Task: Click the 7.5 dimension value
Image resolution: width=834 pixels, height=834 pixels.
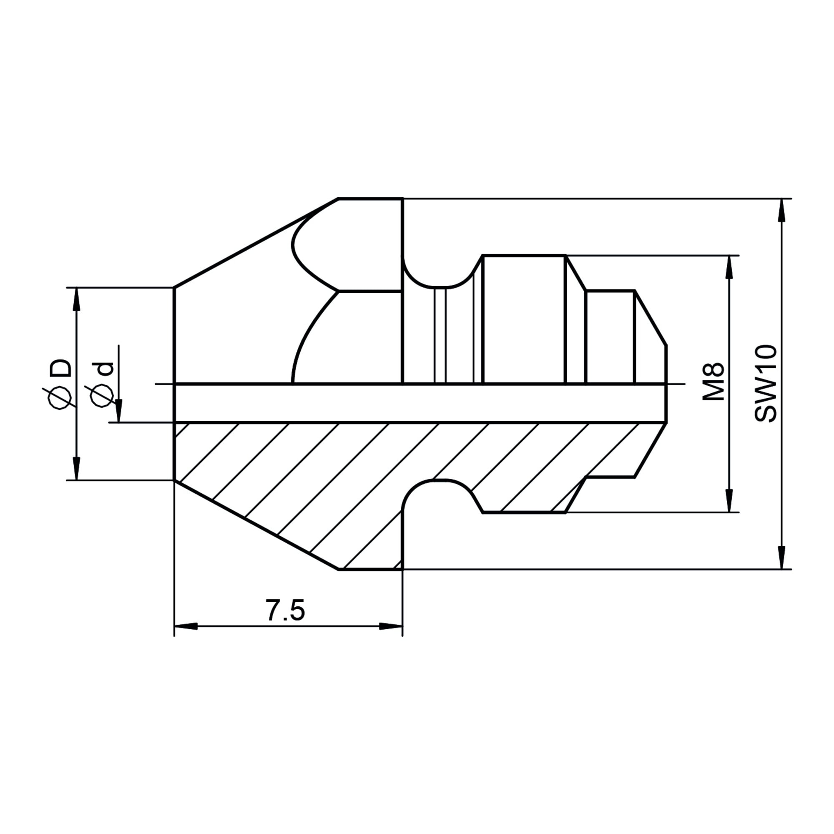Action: tap(285, 610)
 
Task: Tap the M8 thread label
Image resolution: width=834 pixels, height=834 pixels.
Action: tap(713, 382)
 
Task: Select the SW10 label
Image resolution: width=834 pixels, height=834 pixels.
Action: tap(765, 383)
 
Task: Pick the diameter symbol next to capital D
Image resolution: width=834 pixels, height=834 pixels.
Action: tap(60, 397)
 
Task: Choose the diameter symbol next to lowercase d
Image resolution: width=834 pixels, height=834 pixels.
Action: tap(103, 395)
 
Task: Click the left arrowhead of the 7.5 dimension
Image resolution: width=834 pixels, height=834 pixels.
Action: tap(186, 625)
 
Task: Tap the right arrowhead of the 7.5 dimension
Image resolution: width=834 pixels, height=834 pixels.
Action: tap(391, 625)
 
